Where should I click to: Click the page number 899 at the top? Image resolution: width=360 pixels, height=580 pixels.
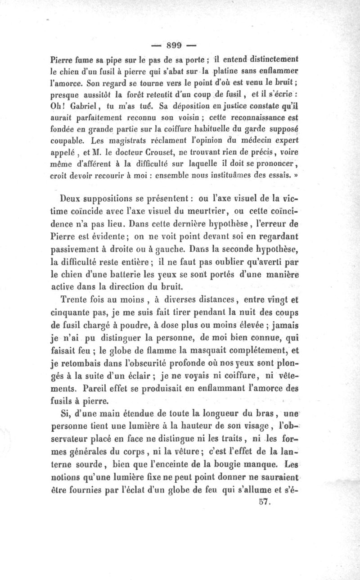pos(173,45)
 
